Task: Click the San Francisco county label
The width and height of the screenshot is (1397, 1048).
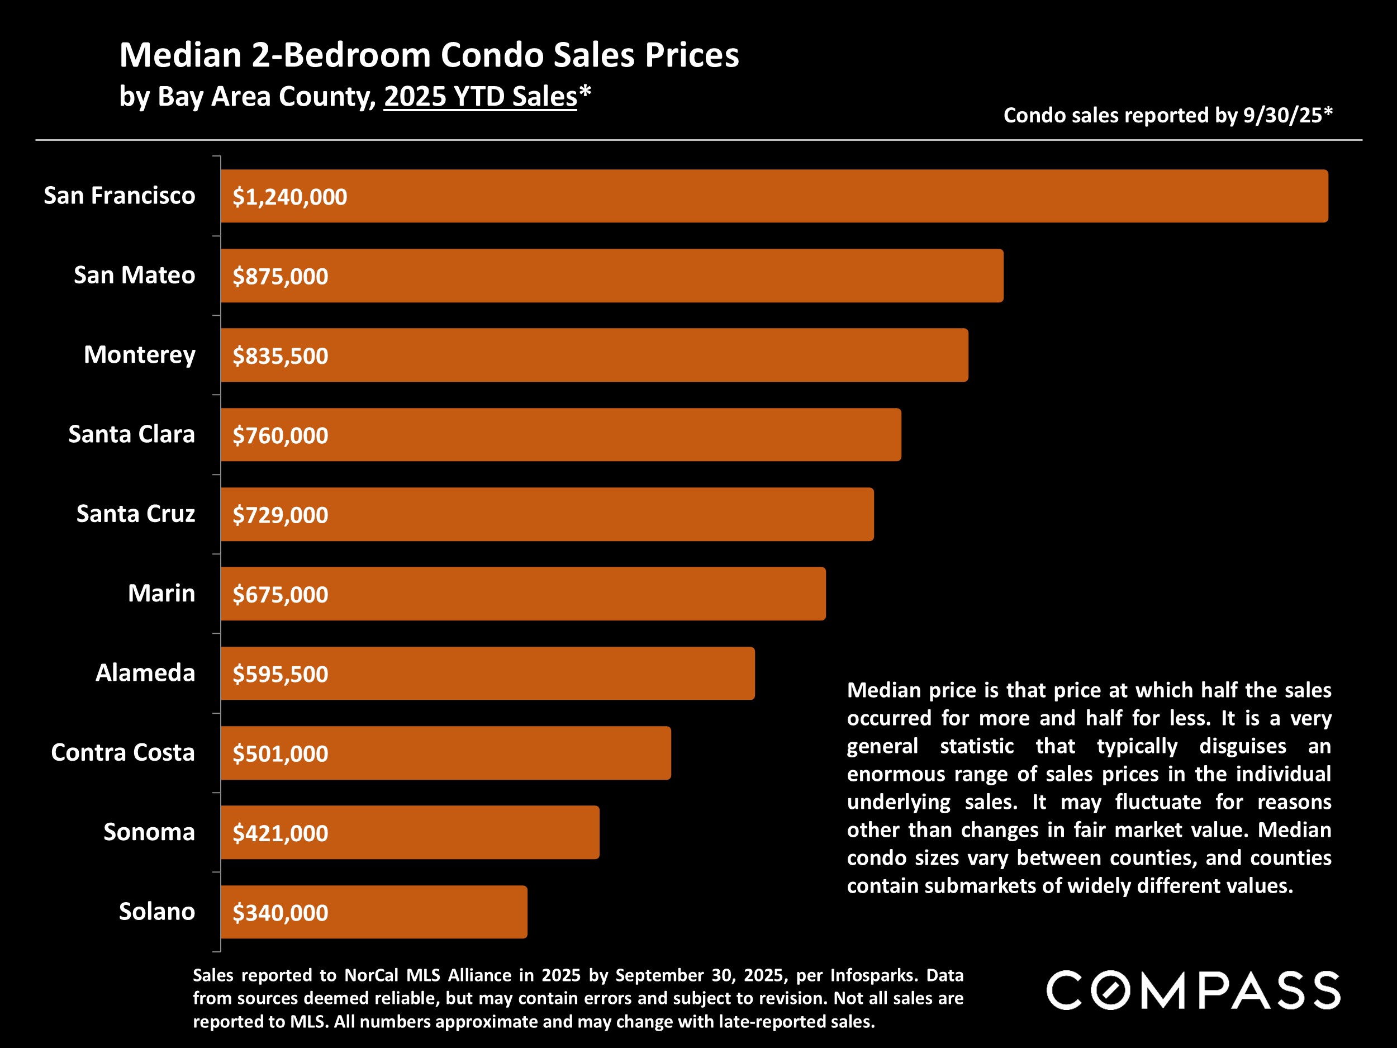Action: pyautogui.click(x=120, y=196)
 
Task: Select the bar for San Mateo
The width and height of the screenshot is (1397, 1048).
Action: pyautogui.click(x=611, y=276)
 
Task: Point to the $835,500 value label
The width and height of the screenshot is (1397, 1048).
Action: pyautogui.click(x=281, y=356)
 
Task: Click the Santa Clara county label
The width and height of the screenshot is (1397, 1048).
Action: pyautogui.click(x=131, y=435)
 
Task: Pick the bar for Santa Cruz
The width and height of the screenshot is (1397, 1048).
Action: pyautogui.click(x=547, y=514)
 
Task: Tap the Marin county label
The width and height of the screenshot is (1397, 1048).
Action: pyautogui.click(x=161, y=594)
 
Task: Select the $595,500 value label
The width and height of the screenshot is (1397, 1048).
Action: pyautogui.click(x=281, y=675)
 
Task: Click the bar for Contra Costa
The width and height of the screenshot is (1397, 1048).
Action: pyautogui.click(x=445, y=753)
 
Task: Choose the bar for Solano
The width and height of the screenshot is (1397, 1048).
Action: pyautogui.click(x=374, y=912)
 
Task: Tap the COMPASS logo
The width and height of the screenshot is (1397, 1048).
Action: pyautogui.click(x=1193, y=990)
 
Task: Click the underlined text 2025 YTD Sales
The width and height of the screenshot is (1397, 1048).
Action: pyautogui.click(x=480, y=97)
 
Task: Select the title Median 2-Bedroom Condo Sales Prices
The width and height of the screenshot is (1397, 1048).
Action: pyautogui.click(x=429, y=55)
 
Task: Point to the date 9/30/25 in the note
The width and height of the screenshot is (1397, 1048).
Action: pyautogui.click(x=1282, y=116)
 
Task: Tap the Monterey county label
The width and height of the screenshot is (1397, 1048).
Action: pyautogui.click(x=140, y=355)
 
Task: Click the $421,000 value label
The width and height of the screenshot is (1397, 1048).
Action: pyautogui.click(x=281, y=834)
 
